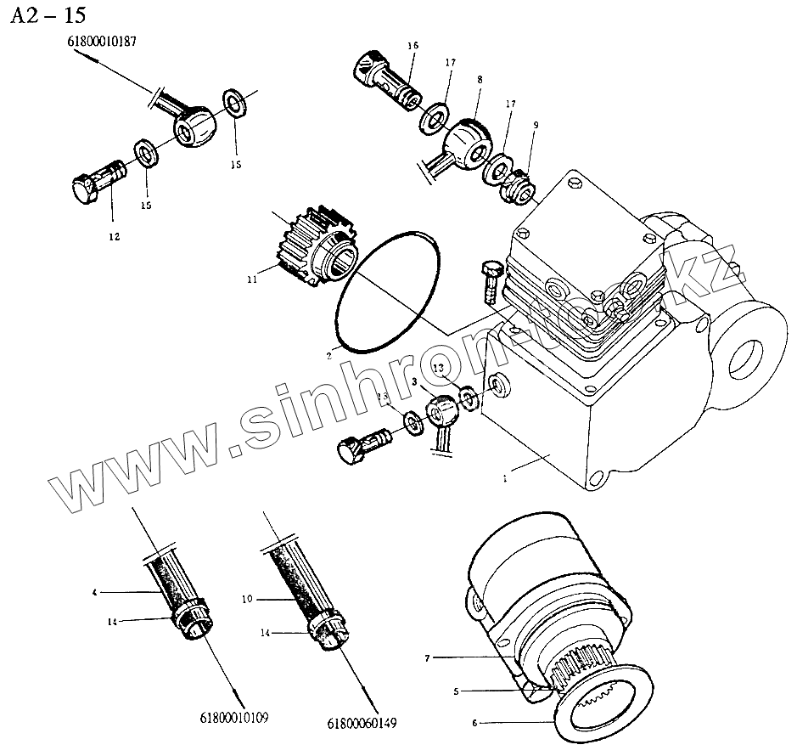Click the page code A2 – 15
[49, 15]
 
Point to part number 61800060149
[362, 724]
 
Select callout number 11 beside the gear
[252, 279]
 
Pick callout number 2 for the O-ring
[328, 357]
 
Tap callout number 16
[413, 45]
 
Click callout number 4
[95, 590]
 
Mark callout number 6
[474, 724]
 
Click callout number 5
[455, 691]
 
